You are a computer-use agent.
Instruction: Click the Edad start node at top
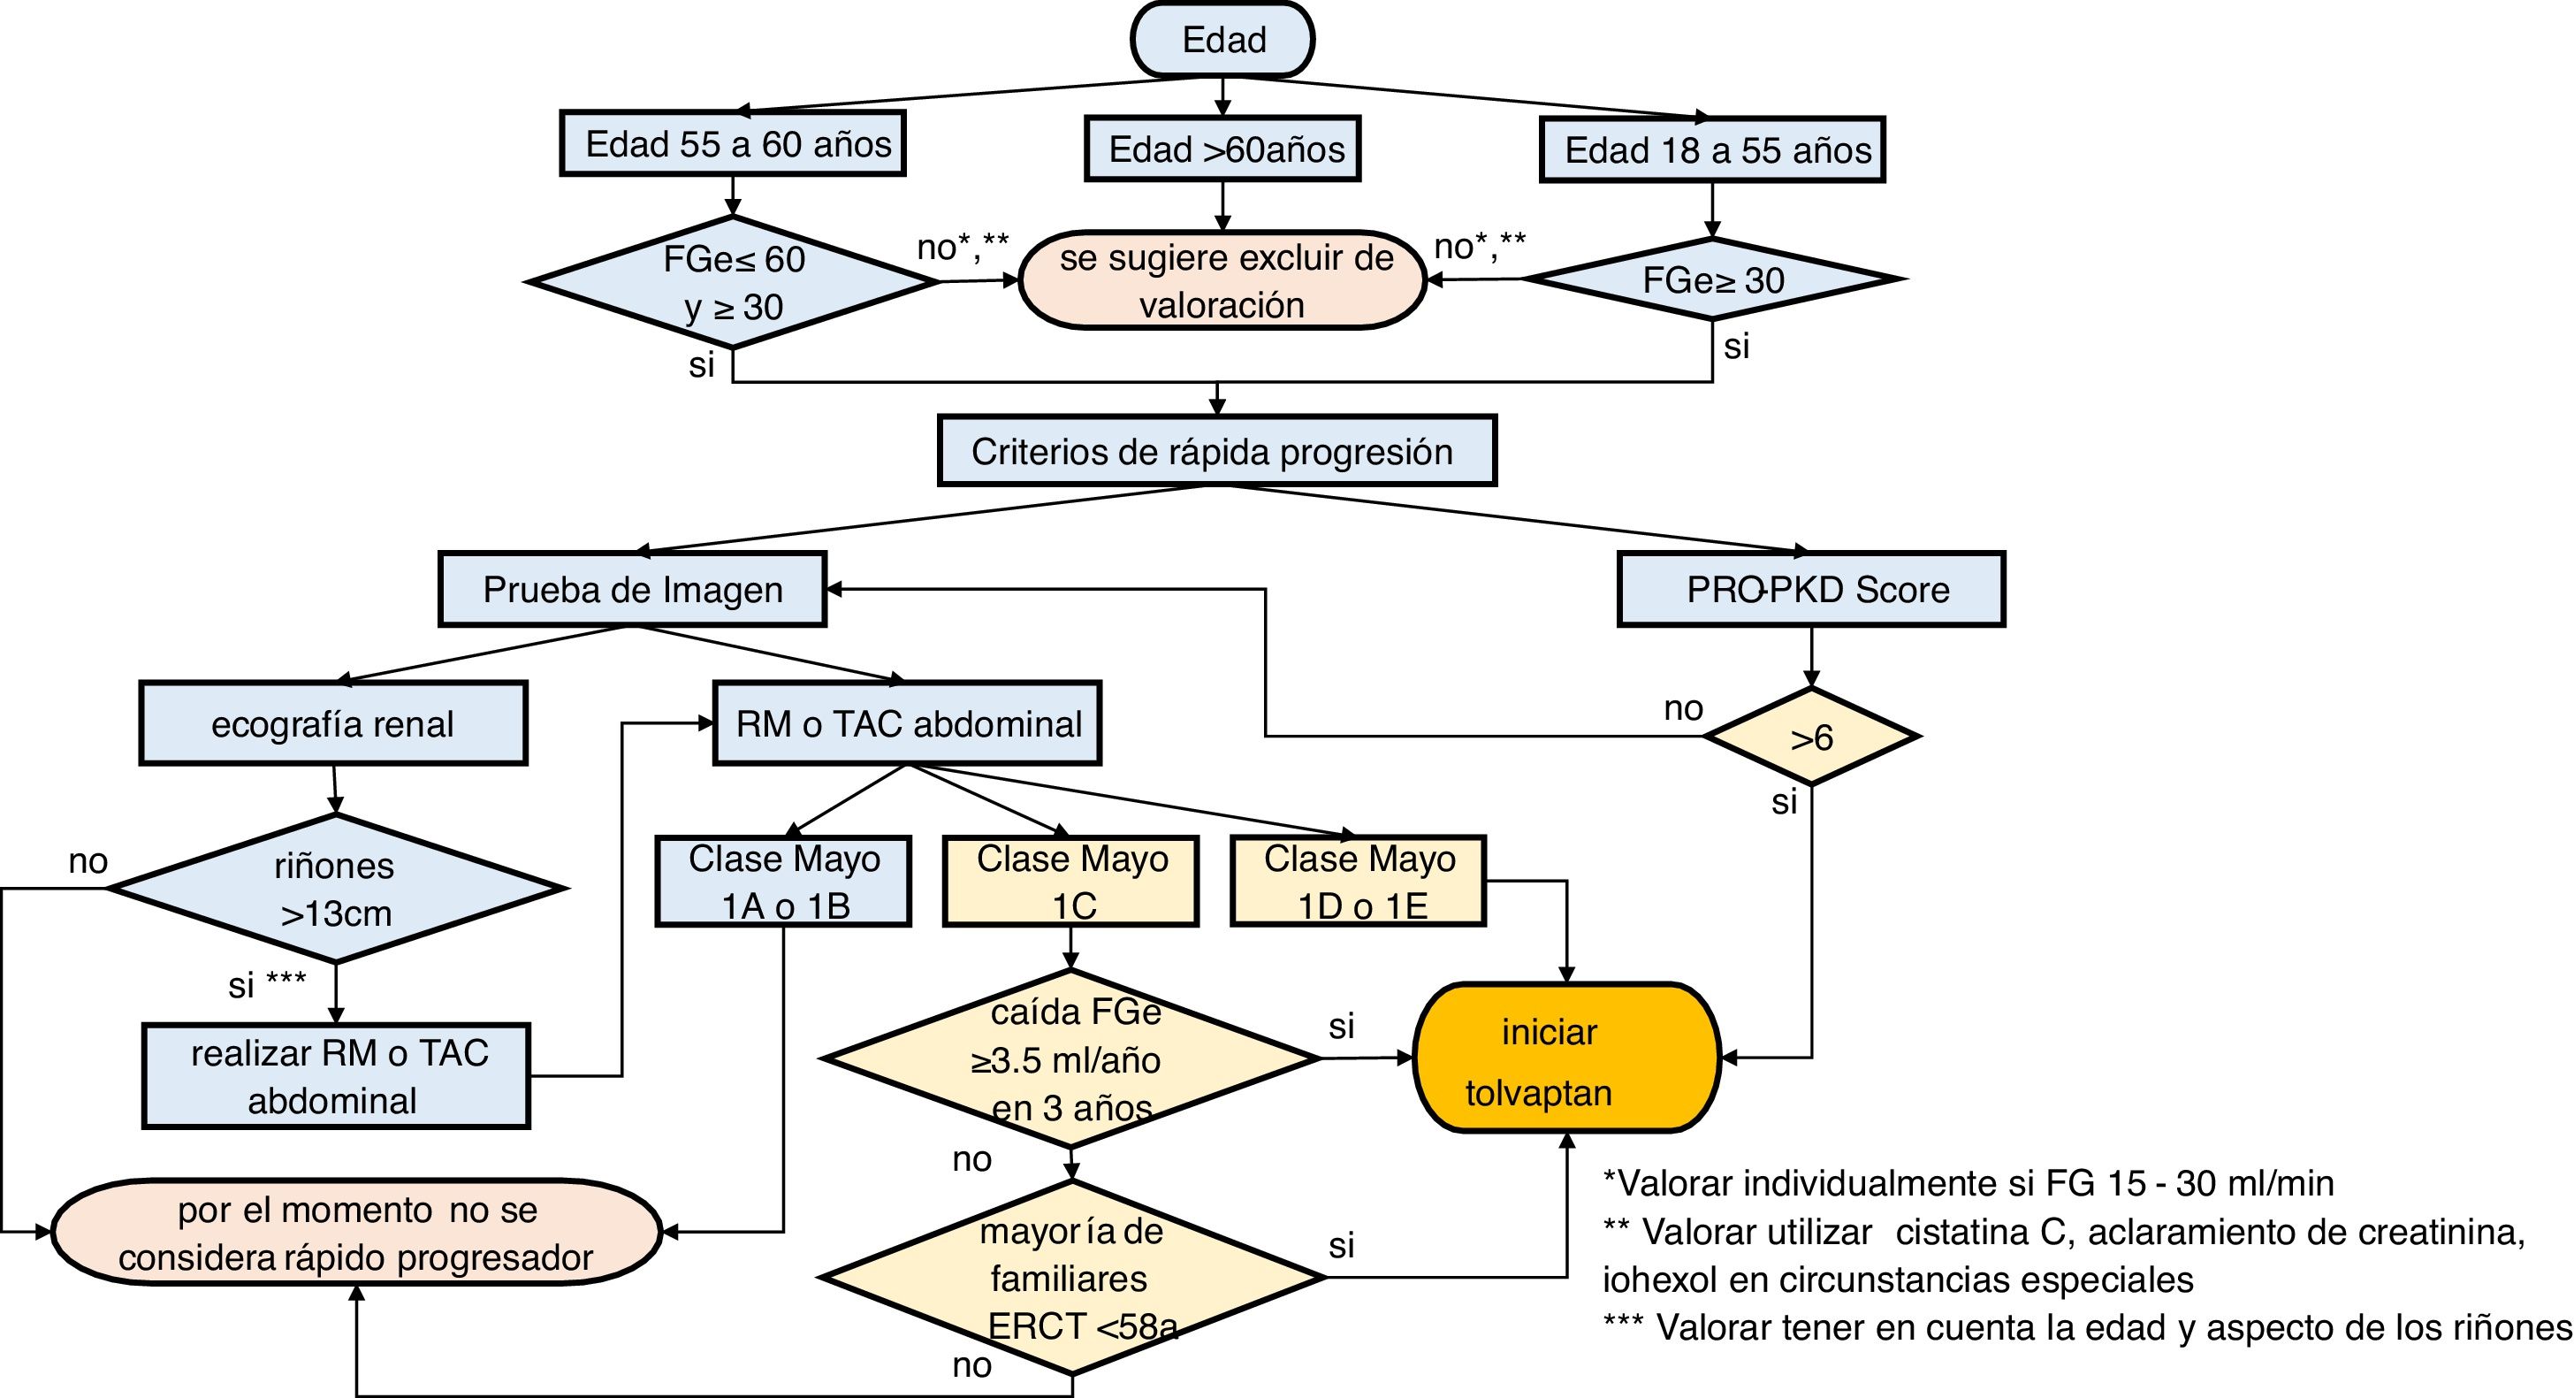point(1222,40)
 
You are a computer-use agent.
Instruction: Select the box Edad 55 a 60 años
point(733,144)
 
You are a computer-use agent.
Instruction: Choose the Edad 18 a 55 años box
point(1713,150)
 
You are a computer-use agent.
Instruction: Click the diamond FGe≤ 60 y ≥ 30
point(733,283)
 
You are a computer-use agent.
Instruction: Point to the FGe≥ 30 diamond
point(1713,279)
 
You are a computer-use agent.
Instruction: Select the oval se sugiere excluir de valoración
point(1222,281)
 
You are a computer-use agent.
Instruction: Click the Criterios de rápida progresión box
point(1216,452)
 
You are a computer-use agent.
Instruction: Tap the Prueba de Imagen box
point(633,590)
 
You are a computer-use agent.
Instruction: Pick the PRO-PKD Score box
point(1811,590)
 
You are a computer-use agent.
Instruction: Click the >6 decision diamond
point(1810,737)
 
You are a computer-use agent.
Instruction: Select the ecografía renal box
point(332,723)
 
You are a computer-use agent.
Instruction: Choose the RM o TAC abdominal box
point(907,723)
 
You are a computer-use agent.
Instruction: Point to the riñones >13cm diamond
point(336,890)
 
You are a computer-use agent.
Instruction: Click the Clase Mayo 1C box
point(1071,882)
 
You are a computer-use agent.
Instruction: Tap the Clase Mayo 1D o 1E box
point(1359,882)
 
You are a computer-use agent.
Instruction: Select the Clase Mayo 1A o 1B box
point(783,882)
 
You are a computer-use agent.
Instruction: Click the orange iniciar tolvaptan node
point(1565,1058)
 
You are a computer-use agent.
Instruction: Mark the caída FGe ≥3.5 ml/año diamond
point(1071,1059)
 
